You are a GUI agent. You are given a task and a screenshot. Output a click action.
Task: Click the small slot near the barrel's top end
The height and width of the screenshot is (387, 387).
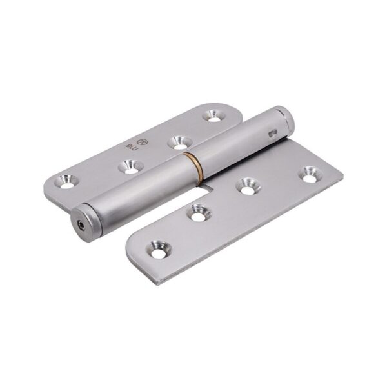point(272,134)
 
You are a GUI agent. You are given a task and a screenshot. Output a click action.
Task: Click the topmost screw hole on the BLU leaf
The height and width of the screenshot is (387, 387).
point(212,115)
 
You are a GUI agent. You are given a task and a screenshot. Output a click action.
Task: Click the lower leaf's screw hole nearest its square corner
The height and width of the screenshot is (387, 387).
point(310,173)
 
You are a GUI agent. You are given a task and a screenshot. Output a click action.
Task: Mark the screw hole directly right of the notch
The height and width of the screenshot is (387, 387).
point(246,186)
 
